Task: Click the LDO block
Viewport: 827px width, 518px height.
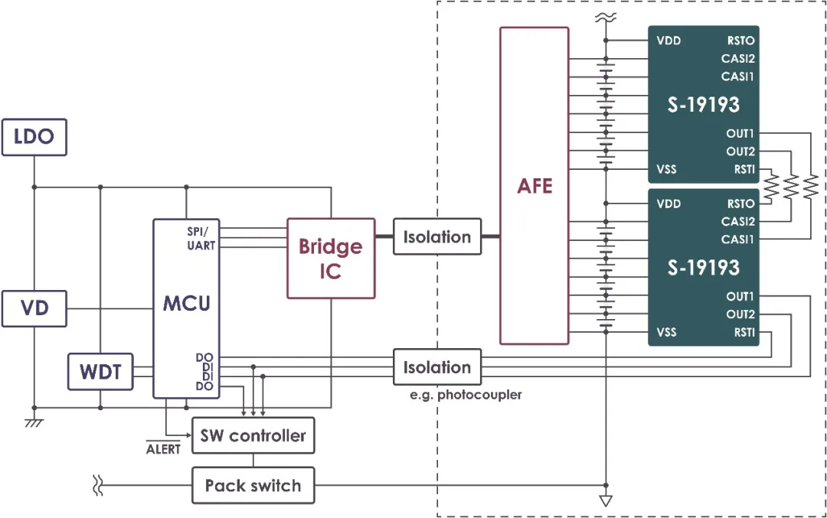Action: coord(34,138)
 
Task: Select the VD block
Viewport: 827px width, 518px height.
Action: coord(34,308)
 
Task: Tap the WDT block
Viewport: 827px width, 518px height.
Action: coord(100,373)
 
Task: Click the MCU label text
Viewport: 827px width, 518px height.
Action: coord(186,303)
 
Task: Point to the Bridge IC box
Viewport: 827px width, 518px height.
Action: coord(331,258)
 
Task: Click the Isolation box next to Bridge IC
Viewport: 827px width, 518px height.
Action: coord(437,237)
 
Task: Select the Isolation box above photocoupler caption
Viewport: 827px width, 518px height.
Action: coord(437,367)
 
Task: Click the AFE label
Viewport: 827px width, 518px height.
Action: coord(534,186)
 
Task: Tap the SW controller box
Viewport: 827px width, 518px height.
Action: coord(253,436)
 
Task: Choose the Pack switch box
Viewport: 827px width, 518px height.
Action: coord(253,486)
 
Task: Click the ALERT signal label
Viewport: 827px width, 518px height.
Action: coord(163,449)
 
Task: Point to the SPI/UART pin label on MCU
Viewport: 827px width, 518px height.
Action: coord(201,238)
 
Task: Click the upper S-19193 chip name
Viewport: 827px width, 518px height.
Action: coord(703,105)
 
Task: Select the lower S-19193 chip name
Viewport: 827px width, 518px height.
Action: coord(703,268)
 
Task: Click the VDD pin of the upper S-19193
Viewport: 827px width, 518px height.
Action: coord(668,41)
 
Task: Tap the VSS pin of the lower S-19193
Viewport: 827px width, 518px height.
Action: coord(667,332)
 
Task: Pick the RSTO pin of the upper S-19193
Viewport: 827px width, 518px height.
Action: coord(740,41)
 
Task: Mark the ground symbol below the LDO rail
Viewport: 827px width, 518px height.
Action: coord(34,422)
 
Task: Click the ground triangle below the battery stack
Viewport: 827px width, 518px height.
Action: coord(606,502)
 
